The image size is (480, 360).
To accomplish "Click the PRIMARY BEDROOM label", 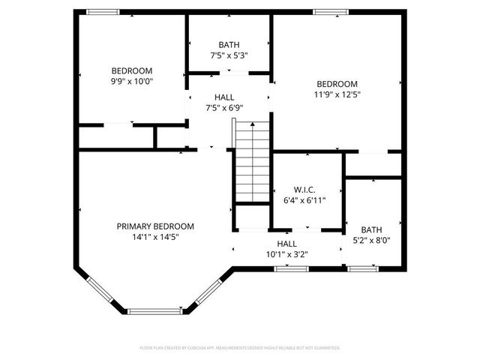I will [x=155, y=226].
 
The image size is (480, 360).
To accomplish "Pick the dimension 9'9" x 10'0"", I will [x=132, y=81].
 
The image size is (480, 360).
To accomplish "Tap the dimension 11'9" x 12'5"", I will [x=337, y=94].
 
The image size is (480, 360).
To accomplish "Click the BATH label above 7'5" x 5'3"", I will [x=229, y=44].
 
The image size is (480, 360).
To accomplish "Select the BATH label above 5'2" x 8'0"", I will [x=371, y=230].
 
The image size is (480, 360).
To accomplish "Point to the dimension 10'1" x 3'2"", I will [x=286, y=253].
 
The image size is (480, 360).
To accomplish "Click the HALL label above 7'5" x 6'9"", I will [x=224, y=97].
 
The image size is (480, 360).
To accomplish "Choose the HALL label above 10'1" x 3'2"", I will [x=286, y=243].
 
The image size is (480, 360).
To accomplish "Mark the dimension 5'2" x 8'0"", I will [x=371, y=241].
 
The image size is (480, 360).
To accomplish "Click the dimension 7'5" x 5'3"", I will [x=229, y=55].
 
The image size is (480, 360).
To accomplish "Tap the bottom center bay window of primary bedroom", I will [x=154, y=310].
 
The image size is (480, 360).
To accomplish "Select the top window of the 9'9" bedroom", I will [x=103, y=12].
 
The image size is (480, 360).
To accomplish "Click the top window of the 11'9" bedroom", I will [x=330, y=12].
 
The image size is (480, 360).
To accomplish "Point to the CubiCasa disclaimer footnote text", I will [x=240, y=348].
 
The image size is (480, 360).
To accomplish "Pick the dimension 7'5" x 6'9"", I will [x=224, y=108].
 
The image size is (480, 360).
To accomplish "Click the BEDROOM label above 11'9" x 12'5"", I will [x=337, y=84].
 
